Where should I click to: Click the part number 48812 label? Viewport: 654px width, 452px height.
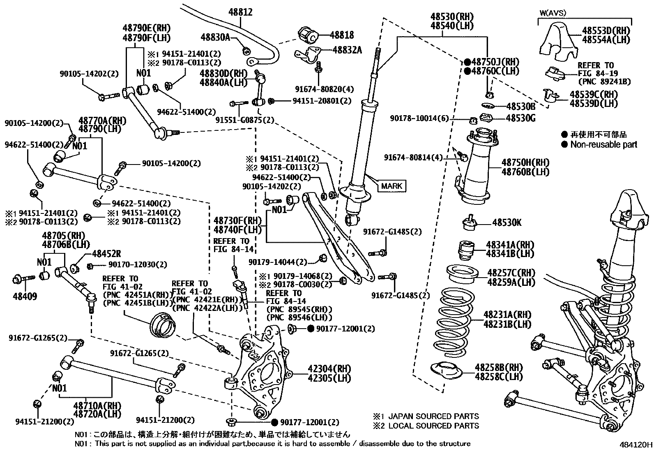tap(240, 13)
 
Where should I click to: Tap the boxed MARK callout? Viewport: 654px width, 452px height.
tap(392, 186)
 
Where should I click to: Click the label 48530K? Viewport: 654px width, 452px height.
tap(507, 223)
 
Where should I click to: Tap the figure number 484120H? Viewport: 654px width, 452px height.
tap(636, 445)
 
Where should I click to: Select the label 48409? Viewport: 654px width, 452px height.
tap(25, 296)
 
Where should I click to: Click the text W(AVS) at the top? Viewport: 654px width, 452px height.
tap(552, 13)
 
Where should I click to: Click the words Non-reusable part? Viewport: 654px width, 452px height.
tap(603, 144)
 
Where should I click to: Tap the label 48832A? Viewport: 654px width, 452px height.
tap(347, 50)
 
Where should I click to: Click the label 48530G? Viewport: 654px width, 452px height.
tap(520, 118)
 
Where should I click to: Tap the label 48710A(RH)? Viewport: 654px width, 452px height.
tap(97, 406)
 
